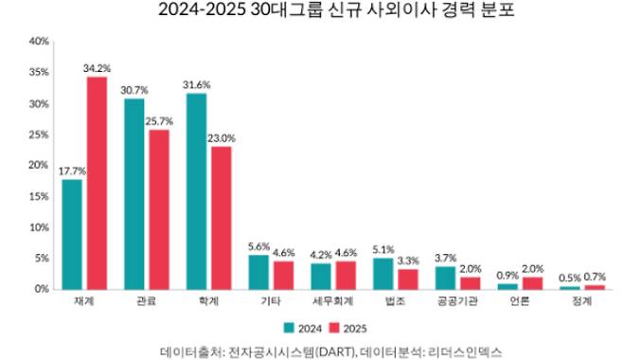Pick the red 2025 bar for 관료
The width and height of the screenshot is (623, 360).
click(159, 209)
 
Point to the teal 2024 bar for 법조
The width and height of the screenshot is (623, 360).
click(383, 273)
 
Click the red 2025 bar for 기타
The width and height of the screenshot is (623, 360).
click(282, 275)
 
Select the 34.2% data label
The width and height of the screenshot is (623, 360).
click(97, 68)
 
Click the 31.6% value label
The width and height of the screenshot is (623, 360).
click(197, 84)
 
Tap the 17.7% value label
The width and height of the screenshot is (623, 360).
click(72, 171)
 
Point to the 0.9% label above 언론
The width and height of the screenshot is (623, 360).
click(507, 275)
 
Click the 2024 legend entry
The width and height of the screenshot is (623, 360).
click(303, 328)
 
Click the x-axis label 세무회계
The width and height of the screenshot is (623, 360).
click(332, 301)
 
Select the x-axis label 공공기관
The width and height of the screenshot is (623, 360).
click(456, 301)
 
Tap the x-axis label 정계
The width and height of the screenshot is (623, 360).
click(581, 301)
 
